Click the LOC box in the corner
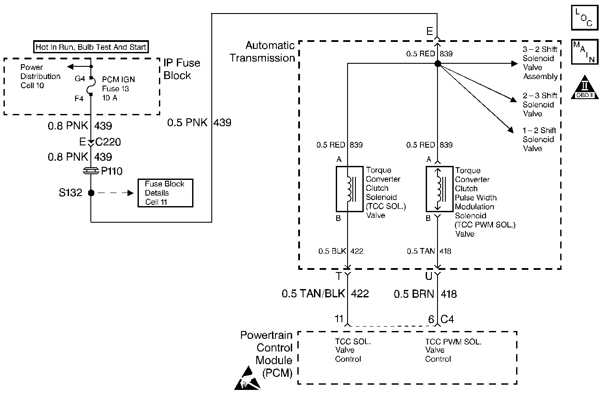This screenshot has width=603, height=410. point(585,17)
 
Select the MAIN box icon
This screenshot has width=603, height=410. point(585,52)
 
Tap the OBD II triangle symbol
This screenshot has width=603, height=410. point(585,87)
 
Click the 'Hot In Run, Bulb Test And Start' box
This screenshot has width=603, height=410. point(91,47)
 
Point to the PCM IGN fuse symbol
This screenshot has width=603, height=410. point(91,86)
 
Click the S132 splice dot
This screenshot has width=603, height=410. point(91,193)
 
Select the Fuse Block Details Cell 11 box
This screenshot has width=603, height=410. point(165,193)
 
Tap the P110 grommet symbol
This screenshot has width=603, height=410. point(91,171)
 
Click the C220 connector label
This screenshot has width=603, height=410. point(108,142)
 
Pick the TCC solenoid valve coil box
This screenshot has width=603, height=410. point(350,189)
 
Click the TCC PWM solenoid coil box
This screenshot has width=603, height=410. point(439,189)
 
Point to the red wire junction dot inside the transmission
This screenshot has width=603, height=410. point(438,64)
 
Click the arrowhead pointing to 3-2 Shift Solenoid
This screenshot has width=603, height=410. point(514,64)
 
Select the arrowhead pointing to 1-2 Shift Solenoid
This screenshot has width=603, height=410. point(510,130)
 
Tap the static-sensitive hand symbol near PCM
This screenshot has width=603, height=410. point(247,378)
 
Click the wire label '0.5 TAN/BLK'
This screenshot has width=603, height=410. point(313,293)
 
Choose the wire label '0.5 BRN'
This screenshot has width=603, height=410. point(414,294)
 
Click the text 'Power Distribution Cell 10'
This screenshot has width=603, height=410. point(40,76)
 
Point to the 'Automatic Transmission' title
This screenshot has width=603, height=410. point(262,52)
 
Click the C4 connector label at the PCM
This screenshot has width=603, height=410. point(447,319)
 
